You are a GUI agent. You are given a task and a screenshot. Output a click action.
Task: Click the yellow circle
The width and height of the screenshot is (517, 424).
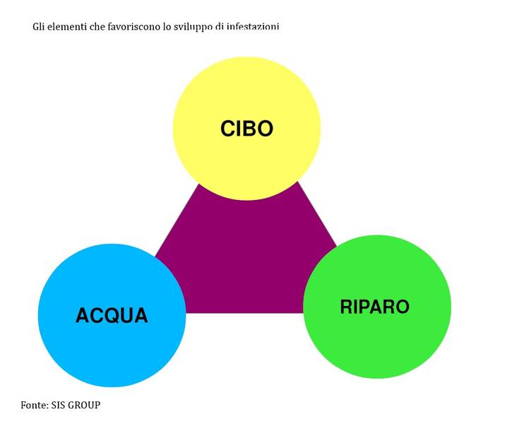click(246, 129)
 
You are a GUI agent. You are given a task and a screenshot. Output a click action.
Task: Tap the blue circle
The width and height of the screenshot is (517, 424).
click(112, 315)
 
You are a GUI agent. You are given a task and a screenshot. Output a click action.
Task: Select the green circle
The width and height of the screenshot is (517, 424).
click(377, 307)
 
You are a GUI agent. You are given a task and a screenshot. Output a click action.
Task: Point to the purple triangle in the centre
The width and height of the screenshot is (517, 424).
click(246, 257)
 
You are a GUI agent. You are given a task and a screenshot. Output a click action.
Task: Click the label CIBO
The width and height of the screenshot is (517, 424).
click(246, 129)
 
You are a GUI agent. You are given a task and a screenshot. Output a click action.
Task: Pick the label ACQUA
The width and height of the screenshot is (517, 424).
click(112, 315)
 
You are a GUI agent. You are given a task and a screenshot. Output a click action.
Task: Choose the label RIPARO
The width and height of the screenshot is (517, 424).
click(374, 307)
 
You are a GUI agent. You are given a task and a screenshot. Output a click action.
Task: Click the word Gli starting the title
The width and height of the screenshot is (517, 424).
click(39, 26)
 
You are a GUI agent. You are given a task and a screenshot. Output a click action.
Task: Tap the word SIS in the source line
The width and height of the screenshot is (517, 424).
click(59, 405)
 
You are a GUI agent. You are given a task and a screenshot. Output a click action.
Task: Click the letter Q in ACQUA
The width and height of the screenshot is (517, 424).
click(112, 316)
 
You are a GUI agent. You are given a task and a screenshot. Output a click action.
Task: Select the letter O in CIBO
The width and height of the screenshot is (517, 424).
click(265, 129)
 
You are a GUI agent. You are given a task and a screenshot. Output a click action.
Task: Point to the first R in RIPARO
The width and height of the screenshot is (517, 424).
click(346, 307)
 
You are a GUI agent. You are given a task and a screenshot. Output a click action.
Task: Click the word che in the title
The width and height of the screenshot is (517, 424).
click(96, 26)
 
